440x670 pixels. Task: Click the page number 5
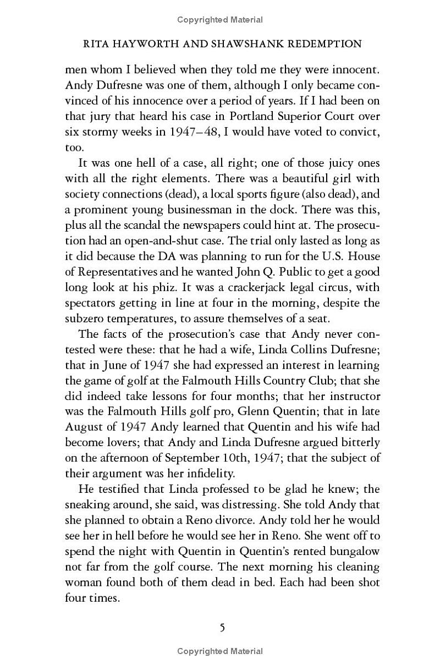222,627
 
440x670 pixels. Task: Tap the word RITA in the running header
90,43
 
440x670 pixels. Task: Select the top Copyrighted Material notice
220,20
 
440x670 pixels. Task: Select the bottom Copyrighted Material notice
220,651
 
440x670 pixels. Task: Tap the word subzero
84,318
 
